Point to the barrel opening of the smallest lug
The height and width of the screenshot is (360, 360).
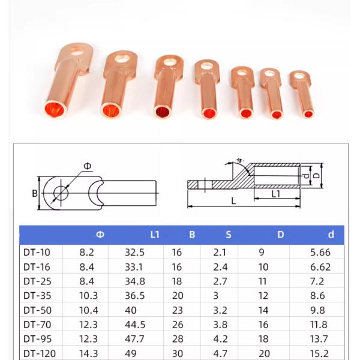point(308,112)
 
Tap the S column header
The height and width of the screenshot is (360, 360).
point(228,235)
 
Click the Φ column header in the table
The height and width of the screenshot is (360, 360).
point(100,235)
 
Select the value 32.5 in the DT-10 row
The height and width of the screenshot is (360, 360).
point(137,252)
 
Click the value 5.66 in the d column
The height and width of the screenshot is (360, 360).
point(322,252)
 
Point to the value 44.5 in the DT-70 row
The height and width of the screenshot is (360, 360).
point(137,325)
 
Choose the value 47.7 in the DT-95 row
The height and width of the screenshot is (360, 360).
point(137,339)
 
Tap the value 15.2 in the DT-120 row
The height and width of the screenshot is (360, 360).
point(322,353)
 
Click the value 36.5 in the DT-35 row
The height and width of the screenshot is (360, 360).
point(137,295)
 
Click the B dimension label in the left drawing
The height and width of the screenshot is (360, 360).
point(35,193)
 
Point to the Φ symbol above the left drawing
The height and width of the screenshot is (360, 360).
point(88,166)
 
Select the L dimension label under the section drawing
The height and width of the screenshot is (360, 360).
point(233,202)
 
